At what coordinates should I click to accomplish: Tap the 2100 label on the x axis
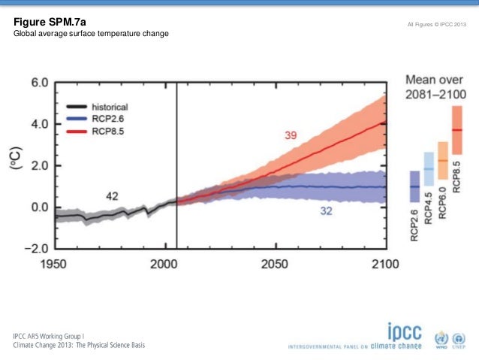point(384,265)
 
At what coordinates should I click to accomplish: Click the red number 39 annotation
point(292,135)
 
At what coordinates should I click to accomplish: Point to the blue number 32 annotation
point(327,213)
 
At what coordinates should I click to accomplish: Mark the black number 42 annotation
point(113,196)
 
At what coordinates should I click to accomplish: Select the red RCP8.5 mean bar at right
point(456,130)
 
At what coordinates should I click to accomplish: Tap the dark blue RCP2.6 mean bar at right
point(414,187)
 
